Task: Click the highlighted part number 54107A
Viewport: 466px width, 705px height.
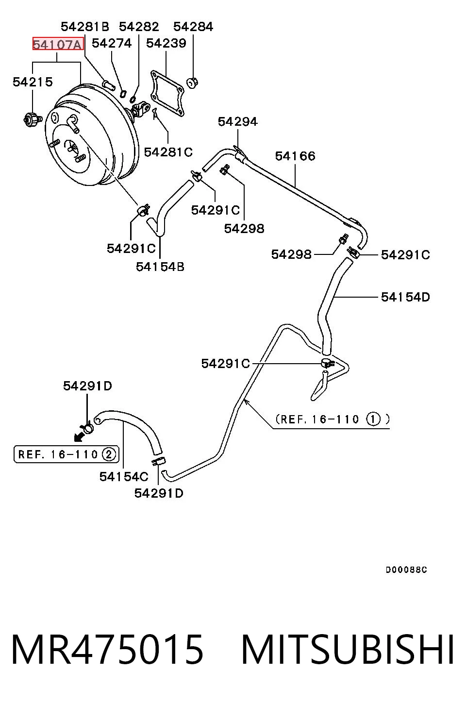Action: (58, 44)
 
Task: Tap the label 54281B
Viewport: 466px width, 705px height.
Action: (85, 27)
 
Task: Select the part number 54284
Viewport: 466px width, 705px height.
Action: (193, 27)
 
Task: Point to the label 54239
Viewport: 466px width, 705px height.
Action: (166, 43)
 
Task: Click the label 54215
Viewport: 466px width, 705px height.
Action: (33, 82)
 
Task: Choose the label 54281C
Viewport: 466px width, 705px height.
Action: (168, 152)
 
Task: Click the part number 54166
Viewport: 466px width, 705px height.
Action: (295, 156)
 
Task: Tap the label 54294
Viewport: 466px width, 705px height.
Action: (238, 121)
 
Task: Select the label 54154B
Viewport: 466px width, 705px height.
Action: (160, 267)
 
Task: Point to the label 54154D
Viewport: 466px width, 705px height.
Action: (405, 297)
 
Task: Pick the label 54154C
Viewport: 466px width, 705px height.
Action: (124, 477)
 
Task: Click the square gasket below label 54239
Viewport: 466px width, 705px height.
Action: (167, 94)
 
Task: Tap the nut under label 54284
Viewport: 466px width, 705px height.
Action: (192, 83)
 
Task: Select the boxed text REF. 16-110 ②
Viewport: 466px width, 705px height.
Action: (67, 454)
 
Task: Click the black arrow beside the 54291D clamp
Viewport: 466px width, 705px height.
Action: (79, 436)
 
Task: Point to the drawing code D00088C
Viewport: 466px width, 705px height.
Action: (406, 570)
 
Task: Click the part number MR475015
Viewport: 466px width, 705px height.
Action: (107, 650)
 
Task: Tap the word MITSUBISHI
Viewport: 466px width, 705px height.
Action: (348, 650)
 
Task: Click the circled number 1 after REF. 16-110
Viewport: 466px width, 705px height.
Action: (374, 420)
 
